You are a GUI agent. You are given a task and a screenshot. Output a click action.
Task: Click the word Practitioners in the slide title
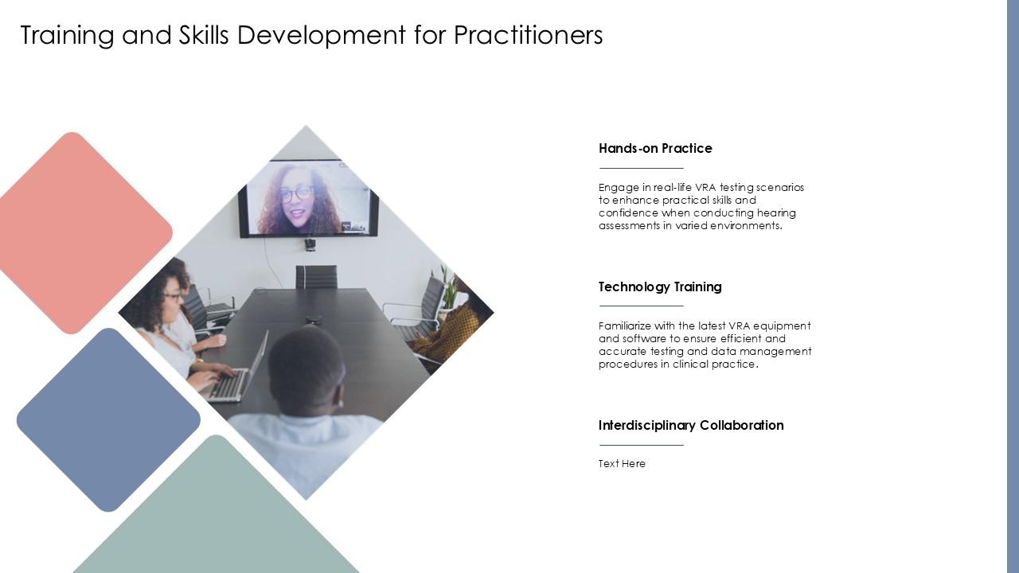[x=529, y=35]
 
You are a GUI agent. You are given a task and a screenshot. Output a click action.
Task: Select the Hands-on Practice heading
[x=655, y=148]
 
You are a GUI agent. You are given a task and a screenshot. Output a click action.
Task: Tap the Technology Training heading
[x=660, y=286]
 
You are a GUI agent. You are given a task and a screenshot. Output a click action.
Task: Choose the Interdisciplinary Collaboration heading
[x=691, y=425]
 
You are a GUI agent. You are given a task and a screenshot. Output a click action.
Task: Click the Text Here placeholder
[x=622, y=464]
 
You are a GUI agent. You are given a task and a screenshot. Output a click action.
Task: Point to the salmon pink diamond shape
[x=80, y=232]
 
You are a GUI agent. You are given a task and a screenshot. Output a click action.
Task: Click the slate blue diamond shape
[x=108, y=419]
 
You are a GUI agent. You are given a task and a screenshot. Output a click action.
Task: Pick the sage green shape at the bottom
[x=217, y=517]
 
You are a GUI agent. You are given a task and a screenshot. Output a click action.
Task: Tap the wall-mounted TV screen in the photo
[x=308, y=199]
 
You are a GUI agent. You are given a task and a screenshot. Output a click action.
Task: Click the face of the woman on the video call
[x=297, y=200]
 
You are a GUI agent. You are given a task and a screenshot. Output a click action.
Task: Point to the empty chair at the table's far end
[x=316, y=276]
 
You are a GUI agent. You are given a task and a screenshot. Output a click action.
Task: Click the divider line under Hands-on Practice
[x=641, y=168]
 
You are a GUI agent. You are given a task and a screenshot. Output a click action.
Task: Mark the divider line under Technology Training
[x=641, y=306]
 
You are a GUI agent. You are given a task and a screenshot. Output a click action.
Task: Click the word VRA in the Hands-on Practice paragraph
[x=706, y=188]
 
